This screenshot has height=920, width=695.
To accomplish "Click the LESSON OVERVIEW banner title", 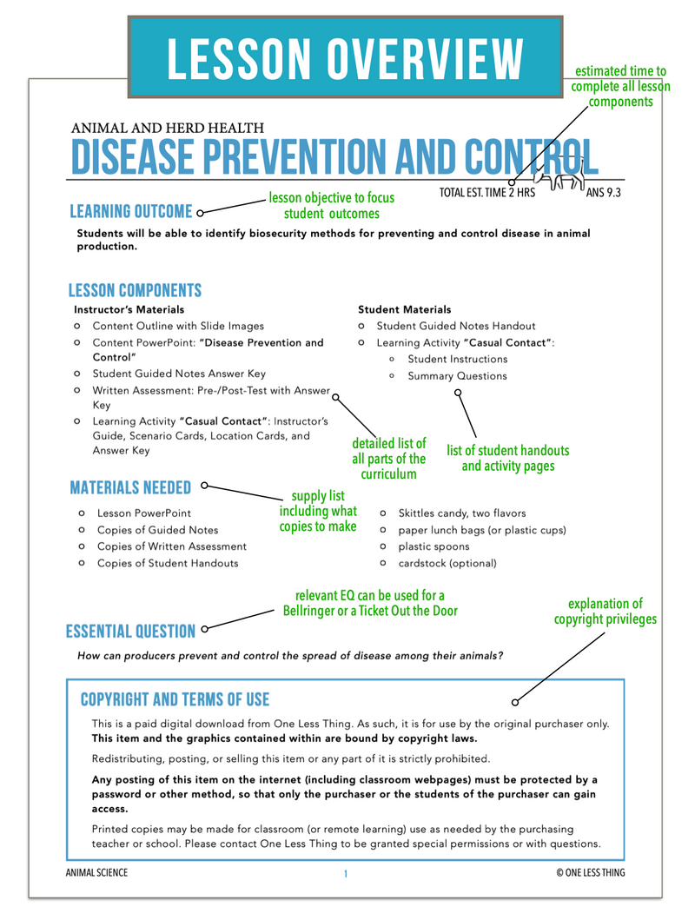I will click(345, 56).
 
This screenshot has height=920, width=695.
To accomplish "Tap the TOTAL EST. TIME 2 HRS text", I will click(487, 193).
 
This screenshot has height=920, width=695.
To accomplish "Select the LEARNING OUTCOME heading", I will click(130, 212).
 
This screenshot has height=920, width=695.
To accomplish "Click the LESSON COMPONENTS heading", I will click(135, 291).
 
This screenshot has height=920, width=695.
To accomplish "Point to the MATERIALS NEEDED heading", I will click(130, 488).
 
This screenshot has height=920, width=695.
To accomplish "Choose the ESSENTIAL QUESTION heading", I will click(130, 632).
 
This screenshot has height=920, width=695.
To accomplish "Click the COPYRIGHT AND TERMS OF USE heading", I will click(175, 699).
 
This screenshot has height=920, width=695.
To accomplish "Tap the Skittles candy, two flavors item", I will click(461, 513).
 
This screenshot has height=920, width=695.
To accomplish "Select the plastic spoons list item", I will click(434, 546).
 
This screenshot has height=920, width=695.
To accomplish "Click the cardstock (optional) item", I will click(447, 563).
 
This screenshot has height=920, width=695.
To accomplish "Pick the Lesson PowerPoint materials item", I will click(144, 513).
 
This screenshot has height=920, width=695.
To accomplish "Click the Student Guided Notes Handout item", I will click(456, 326).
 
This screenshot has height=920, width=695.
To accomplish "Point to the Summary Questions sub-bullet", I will click(457, 376).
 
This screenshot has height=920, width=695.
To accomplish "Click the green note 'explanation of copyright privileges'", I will click(605, 612).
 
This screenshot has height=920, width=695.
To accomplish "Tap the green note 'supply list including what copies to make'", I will click(318, 511).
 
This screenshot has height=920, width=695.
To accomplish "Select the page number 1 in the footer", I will click(345, 874).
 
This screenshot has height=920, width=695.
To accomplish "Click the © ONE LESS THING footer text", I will click(591, 873).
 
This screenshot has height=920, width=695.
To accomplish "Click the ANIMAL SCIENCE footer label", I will click(96, 873).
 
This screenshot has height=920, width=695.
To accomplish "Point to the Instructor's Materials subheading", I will click(129, 309).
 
